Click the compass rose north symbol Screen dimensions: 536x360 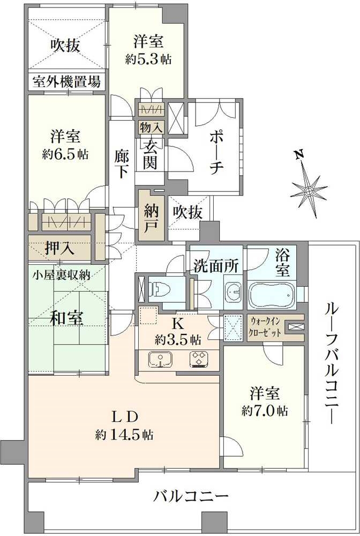pos(309,190)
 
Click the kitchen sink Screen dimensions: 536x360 pos(158,359)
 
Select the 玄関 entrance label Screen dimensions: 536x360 pos(151,154)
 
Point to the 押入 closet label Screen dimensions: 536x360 pos(60,248)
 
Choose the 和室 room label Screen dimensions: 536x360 pos(66,318)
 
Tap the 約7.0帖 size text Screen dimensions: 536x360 pos(264,411)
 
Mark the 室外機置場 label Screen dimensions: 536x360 pos(66,83)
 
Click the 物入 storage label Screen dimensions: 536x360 pos(151,127)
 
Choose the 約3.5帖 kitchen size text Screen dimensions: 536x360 pos(179,340)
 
